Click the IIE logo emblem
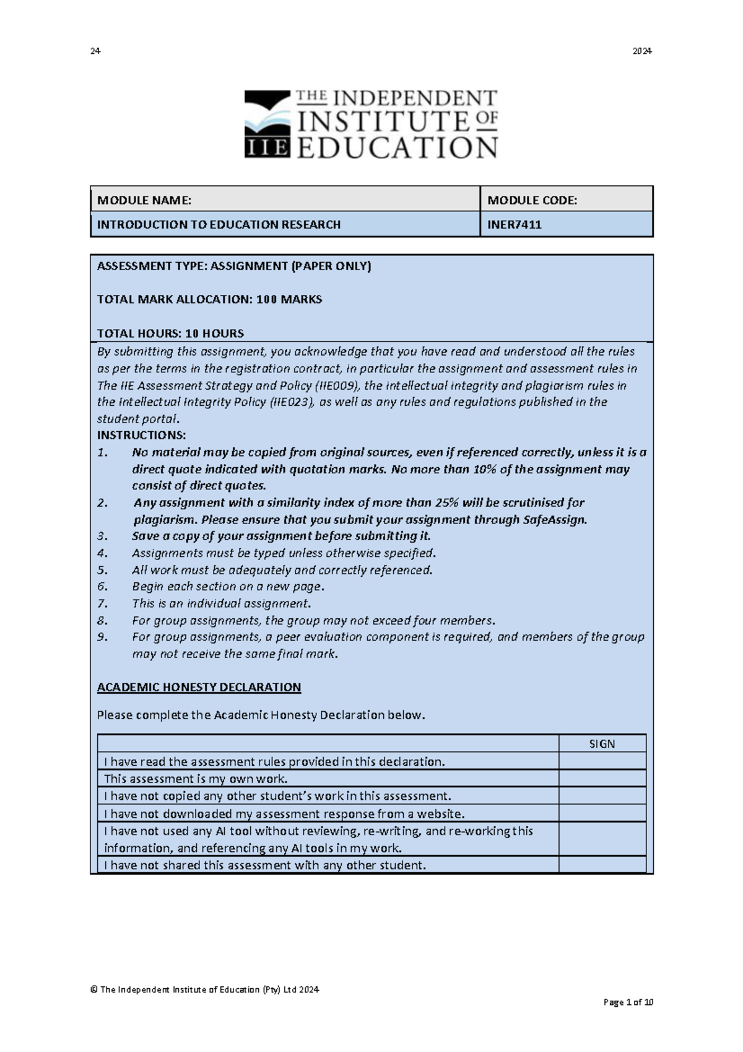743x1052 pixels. click(267, 124)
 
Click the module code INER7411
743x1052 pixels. click(514, 225)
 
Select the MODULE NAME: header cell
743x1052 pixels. click(285, 200)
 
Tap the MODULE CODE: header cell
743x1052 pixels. click(566, 200)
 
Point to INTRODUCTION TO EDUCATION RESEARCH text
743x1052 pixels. click(219, 225)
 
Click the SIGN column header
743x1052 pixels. click(602, 744)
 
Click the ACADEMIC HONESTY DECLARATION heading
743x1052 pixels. click(199, 687)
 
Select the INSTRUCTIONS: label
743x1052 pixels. click(141, 435)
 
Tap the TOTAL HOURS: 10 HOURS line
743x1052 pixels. click(170, 333)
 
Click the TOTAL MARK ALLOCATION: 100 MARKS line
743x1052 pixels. click(209, 299)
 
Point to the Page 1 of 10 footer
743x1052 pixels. click(628, 1002)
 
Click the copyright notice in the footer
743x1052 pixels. click(204, 989)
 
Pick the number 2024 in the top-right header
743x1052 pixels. click(641, 51)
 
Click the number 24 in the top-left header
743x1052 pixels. click(95, 51)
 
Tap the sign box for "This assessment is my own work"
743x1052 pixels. click(602, 779)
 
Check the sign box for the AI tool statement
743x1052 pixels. click(602, 839)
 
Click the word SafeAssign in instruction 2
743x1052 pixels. click(554, 520)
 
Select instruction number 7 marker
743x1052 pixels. click(103, 603)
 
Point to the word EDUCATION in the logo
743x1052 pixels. click(397, 148)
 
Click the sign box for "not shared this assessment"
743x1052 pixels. click(602, 865)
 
